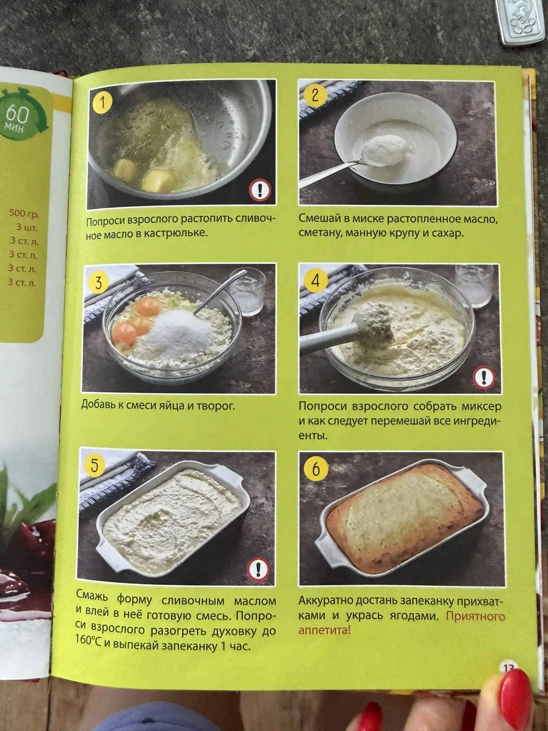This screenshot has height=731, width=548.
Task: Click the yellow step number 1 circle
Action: click(102, 102)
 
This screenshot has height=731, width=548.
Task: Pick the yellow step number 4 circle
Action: click(315, 281)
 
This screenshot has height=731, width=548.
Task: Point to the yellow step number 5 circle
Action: click(94, 465)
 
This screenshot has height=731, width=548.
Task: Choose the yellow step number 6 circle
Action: click(316, 469)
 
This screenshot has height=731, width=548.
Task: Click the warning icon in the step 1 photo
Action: click(260, 190)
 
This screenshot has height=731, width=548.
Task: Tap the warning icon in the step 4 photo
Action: click(484, 377)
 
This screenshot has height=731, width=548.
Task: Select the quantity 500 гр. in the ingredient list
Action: click(24, 214)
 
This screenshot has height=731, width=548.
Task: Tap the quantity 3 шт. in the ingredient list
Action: click(27, 228)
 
